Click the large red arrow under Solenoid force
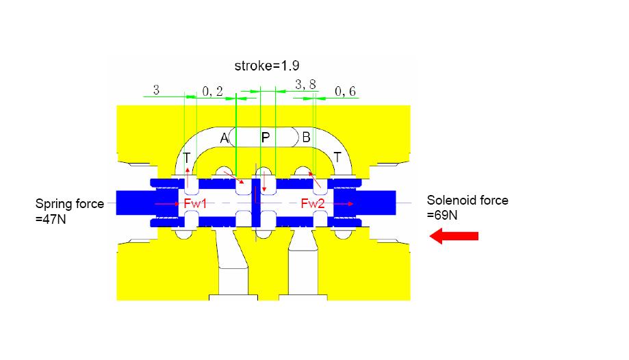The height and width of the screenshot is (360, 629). click(x=453, y=236)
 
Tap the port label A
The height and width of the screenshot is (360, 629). click(x=224, y=138)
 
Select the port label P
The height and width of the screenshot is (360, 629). click(x=266, y=138)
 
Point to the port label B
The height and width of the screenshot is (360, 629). click(x=306, y=138)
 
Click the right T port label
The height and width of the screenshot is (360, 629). click(x=337, y=157)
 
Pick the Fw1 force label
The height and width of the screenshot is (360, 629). click(x=195, y=203)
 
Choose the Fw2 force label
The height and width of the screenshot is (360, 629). click(x=313, y=203)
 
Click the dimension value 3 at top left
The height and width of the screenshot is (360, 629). click(x=156, y=90)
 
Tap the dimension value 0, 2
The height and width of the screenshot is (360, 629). click(x=213, y=92)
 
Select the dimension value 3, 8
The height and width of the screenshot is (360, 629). click(x=305, y=85)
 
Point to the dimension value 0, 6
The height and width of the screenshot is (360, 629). click(x=345, y=92)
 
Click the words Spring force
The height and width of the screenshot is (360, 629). click(x=70, y=203)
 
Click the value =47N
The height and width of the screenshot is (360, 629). click(x=52, y=221)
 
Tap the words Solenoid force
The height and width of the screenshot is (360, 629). click(x=467, y=201)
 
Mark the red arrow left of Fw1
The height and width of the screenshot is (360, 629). click(x=166, y=203)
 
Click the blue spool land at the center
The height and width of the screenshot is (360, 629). click(x=257, y=203)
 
